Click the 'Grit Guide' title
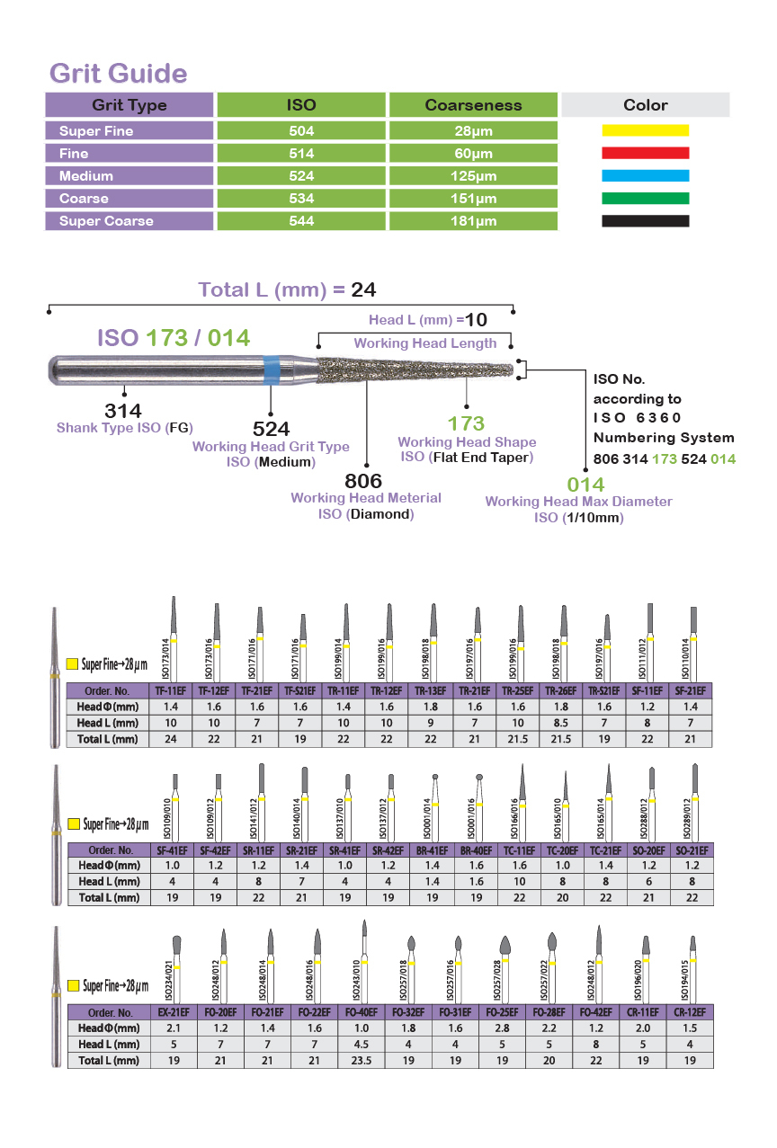[x=119, y=74]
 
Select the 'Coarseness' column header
[x=473, y=105]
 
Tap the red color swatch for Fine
[x=646, y=153]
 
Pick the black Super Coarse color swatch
[x=646, y=221]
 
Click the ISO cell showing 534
[x=301, y=199]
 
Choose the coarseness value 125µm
[x=473, y=176]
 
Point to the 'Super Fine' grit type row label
[x=96, y=130]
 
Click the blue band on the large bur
[x=272, y=369]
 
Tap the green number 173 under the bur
[x=466, y=423]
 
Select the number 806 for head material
[x=363, y=481]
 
